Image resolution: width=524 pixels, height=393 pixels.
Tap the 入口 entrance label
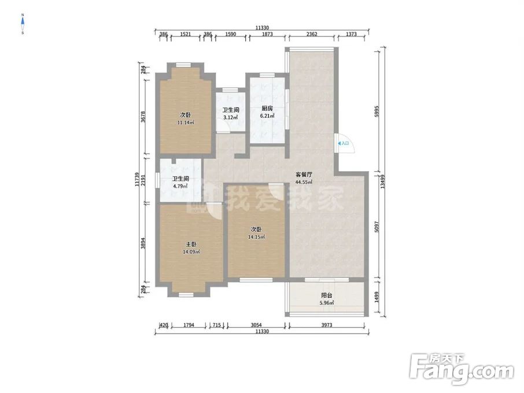tap(345, 143)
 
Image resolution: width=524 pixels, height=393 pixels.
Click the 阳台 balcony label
tap(327, 296)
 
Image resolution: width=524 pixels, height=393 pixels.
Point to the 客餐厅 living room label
tap(304, 175)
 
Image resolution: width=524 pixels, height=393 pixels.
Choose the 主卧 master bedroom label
tap(191, 244)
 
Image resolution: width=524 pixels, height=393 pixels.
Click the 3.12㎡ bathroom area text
tap(231, 117)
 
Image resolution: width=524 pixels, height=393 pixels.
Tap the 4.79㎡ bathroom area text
tap(180, 186)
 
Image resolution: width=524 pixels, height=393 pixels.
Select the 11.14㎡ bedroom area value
tap(186, 123)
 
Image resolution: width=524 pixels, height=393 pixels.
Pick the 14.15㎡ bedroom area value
tap(256, 237)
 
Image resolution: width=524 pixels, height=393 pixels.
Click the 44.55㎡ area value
tap(304, 182)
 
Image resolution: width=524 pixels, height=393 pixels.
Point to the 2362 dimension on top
tap(312, 34)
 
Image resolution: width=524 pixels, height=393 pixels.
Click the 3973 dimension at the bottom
tap(327, 325)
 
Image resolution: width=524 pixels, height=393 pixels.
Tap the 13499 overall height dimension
tap(383, 182)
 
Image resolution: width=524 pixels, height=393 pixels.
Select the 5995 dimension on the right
tap(377, 111)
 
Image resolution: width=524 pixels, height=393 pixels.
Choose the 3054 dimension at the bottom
tap(256, 325)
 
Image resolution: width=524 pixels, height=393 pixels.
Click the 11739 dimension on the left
tap(137, 179)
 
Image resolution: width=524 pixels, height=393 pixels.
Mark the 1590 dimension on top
tap(231, 34)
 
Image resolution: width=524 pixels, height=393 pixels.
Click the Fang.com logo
tap(462, 369)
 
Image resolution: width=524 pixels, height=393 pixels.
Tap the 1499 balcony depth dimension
tap(377, 297)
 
